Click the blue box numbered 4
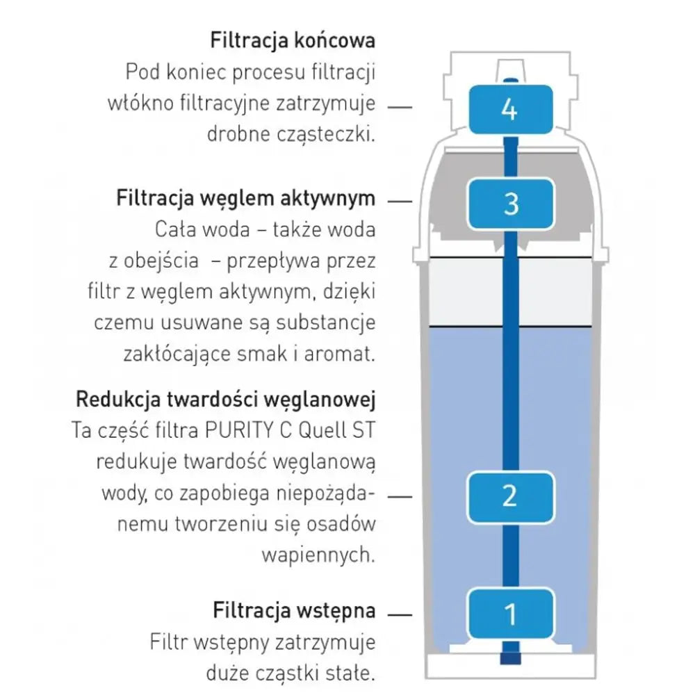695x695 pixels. pyautogui.click(x=510, y=109)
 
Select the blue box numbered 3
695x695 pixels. pyautogui.click(x=510, y=204)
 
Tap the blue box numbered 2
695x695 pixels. pyautogui.click(x=510, y=496)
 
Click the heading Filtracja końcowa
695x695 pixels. pyautogui.click(x=293, y=40)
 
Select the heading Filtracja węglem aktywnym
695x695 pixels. pyautogui.click(x=245, y=199)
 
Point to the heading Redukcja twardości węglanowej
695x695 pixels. pyautogui.click(x=226, y=400)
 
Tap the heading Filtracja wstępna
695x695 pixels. pyautogui.click(x=294, y=611)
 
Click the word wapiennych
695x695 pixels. pyautogui.click(x=318, y=555)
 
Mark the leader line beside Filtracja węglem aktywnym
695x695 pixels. pyautogui.click(x=399, y=200)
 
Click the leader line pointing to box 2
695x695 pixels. pyautogui.click(x=399, y=496)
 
